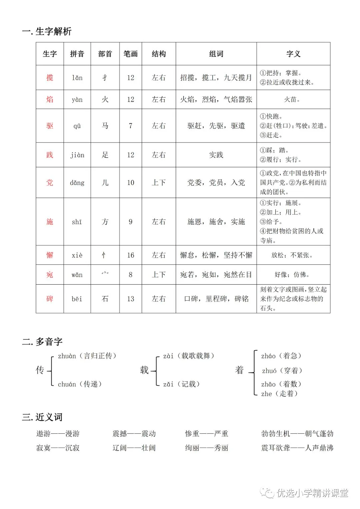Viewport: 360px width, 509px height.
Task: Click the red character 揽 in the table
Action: pos(50,78)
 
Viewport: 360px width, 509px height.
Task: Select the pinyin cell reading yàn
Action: pos(77,99)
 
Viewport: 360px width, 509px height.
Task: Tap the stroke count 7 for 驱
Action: pos(131,126)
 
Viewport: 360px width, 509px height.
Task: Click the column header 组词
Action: pos(216,54)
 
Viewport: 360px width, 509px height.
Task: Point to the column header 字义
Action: pos(293,54)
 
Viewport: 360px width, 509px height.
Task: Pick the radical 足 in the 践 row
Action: pos(105,155)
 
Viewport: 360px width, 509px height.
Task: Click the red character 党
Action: pos(50,182)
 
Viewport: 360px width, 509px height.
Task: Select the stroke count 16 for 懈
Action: pos(131,255)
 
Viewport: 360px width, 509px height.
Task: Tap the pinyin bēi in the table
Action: pos(77,299)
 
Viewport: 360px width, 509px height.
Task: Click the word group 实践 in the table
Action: pos(216,155)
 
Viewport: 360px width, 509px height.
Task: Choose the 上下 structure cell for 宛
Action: pos(159,274)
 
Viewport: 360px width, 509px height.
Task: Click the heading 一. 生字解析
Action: pos(47,31)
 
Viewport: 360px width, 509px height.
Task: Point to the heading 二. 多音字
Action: pos(42,342)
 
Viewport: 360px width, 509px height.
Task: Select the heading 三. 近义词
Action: pos(42,417)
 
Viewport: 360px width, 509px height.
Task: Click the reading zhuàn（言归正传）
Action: pos(87,356)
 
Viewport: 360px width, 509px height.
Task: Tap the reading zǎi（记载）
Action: pos(181,384)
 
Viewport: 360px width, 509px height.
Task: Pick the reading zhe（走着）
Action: pos(279,394)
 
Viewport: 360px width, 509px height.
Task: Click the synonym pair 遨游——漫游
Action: pos(58,434)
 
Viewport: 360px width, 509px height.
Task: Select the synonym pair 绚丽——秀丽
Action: pos(207,448)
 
